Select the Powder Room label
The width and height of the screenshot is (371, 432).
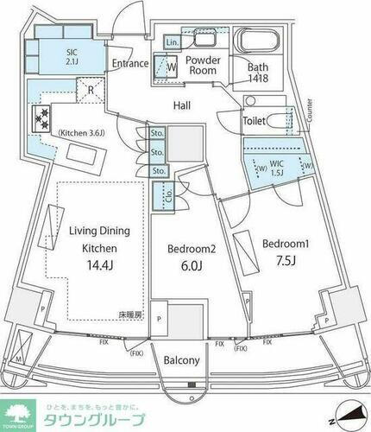point(204,66)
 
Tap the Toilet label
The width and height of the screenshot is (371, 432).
point(254,123)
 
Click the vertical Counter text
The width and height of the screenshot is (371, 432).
point(308,111)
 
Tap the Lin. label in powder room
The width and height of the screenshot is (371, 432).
point(172,41)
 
